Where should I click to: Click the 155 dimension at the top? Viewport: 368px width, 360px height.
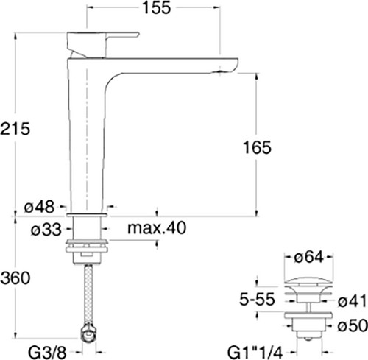click(x=157, y=7)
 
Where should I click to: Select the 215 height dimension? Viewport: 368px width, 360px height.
click(x=15, y=129)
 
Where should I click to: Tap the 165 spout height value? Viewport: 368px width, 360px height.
click(x=257, y=147)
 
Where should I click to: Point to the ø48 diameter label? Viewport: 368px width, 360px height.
click(x=39, y=207)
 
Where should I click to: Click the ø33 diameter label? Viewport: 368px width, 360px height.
click(x=46, y=230)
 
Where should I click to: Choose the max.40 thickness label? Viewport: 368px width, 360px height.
click(x=157, y=227)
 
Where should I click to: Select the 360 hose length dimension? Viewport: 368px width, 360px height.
click(x=15, y=278)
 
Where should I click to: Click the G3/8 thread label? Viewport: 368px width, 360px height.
click(x=47, y=353)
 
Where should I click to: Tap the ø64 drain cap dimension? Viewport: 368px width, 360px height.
click(x=309, y=258)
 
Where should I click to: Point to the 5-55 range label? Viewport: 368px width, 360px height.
click(x=257, y=300)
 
